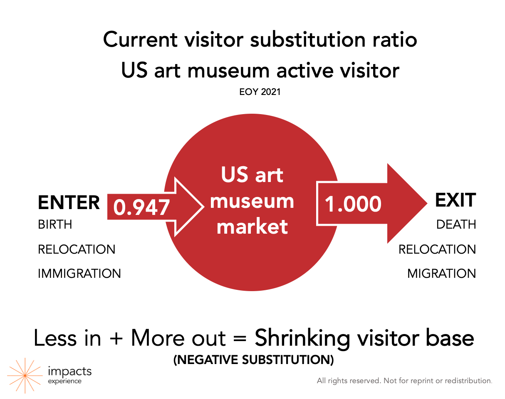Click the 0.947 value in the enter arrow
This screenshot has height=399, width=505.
[x=141, y=207]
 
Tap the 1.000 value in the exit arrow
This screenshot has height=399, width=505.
[x=353, y=204]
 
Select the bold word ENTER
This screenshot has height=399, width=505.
[x=69, y=202]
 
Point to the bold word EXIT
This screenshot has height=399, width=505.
[x=455, y=200]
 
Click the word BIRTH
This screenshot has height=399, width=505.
[x=55, y=224]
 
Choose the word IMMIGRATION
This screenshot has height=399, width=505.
[x=79, y=274]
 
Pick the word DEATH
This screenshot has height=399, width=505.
[x=456, y=224]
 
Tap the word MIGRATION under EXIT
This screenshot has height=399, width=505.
[x=441, y=274]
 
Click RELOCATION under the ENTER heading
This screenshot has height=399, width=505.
[x=77, y=249]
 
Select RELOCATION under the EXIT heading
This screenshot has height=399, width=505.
[x=437, y=249]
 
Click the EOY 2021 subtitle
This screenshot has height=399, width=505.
[x=260, y=92]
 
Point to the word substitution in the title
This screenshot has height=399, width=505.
[x=307, y=40]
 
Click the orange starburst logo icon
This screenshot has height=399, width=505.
[x=25, y=376]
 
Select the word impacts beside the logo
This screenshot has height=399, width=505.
[x=70, y=372]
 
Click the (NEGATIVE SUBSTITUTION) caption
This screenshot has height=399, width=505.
[x=253, y=360]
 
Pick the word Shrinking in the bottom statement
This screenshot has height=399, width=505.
[x=302, y=339]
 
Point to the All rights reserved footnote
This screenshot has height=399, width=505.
[x=404, y=381]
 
